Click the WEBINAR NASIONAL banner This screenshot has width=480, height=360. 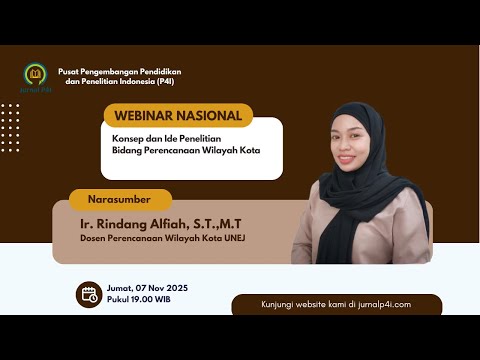177,115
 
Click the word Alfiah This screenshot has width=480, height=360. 180,220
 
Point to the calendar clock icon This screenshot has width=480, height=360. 88,293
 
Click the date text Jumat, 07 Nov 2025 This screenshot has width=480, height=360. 146,288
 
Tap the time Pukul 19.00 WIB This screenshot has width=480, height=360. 138,300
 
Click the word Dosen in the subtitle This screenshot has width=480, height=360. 96,236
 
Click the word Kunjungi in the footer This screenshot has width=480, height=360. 281,304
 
